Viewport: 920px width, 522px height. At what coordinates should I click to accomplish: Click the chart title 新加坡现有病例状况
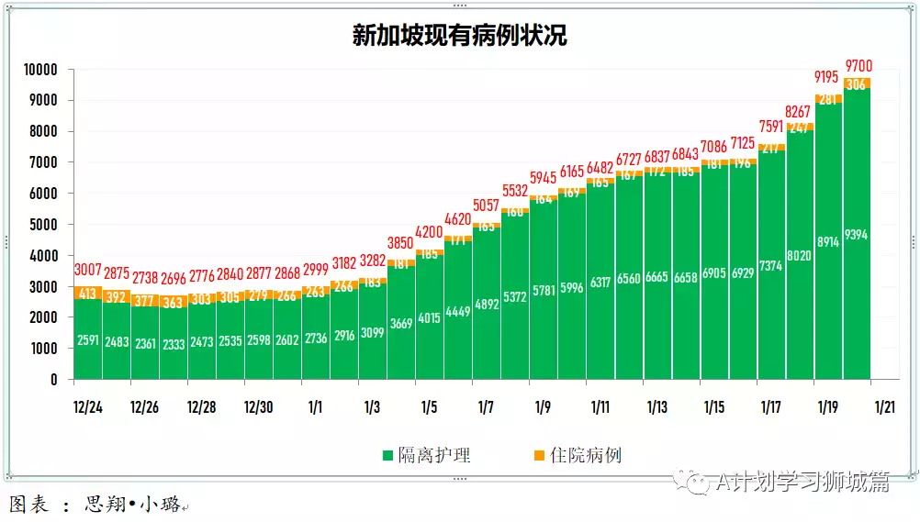coord(459,36)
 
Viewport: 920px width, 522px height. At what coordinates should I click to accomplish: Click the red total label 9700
coord(858,65)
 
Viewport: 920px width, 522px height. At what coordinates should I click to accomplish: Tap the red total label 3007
coord(88,270)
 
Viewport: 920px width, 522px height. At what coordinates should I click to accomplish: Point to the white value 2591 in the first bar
coord(88,339)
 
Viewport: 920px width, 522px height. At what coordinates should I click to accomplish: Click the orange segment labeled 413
coord(88,294)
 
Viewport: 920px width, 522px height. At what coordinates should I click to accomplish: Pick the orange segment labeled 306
coord(858,83)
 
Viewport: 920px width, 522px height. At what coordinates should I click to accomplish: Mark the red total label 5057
coord(488,205)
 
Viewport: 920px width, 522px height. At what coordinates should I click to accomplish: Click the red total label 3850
coord(401,243)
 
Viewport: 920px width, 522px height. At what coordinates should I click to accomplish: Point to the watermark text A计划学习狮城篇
coord(802,483)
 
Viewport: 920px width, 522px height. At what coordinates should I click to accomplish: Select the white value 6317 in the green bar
coord(600,283)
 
